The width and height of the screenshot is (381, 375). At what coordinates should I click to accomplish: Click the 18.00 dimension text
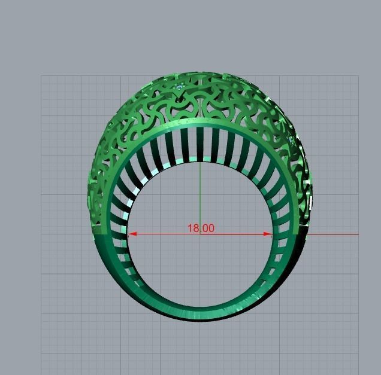point(201,228)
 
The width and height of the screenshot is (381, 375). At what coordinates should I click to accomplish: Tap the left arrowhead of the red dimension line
point(132,234)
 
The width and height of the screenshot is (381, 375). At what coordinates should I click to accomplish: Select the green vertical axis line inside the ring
point(200,191)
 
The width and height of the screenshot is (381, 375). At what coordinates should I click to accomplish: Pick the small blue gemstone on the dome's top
point(180,89)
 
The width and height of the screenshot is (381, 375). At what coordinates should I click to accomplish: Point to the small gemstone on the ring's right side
point(291,139)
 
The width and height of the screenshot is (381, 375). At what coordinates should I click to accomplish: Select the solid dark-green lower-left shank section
point(108,257)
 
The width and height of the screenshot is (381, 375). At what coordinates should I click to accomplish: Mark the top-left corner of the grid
point(41,75)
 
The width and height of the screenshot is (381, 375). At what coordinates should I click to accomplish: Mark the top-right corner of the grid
point(358,75)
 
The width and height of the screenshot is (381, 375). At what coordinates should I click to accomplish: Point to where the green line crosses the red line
point(200,234)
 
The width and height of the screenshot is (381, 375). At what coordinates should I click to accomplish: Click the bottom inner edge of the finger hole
point(200,306)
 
